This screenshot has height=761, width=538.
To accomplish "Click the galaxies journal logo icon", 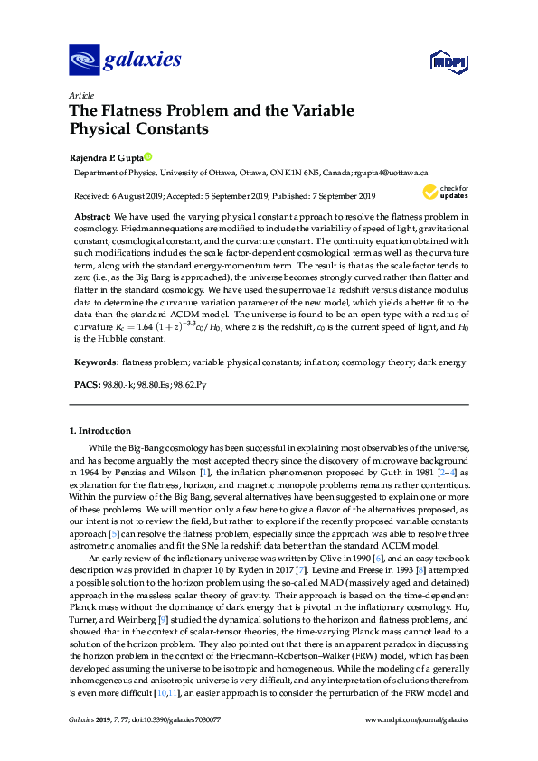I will coord(82,61).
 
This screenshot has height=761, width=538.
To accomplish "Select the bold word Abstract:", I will coord(91,218).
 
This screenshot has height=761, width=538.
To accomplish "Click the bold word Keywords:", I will coord(96,362).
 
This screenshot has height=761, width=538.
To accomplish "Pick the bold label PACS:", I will coord(85,386).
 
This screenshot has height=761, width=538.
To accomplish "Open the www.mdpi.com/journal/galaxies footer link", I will coord(415,745).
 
